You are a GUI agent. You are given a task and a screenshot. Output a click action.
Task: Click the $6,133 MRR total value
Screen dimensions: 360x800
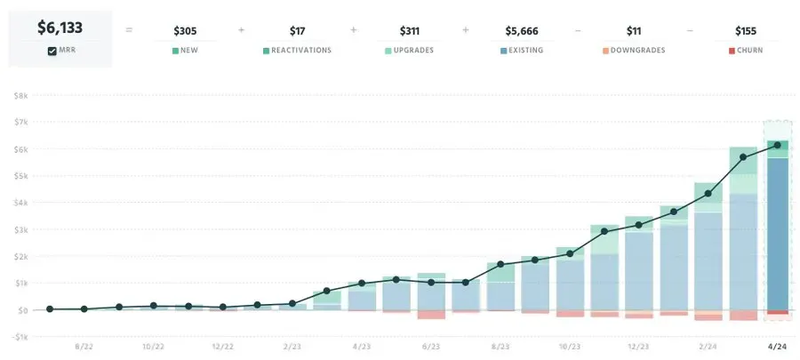click(60, 28)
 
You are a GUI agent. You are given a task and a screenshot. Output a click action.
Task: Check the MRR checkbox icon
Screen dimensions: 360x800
click(52, 51)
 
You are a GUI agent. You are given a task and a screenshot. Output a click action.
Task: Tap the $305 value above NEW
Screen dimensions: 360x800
click(184, 31)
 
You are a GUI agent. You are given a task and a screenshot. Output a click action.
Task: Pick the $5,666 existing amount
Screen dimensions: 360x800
click(522, 31)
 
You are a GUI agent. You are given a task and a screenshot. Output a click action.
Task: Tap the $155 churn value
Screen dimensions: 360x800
click(747, 31)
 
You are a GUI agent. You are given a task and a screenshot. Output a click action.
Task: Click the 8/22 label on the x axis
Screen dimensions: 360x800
click(84, 347)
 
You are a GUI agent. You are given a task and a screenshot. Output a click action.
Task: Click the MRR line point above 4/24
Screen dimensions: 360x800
click(778, 145)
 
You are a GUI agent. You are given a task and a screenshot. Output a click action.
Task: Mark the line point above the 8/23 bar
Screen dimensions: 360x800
click(500, 264)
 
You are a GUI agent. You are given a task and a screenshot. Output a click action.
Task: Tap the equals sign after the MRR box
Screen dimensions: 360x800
click(129, 30)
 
